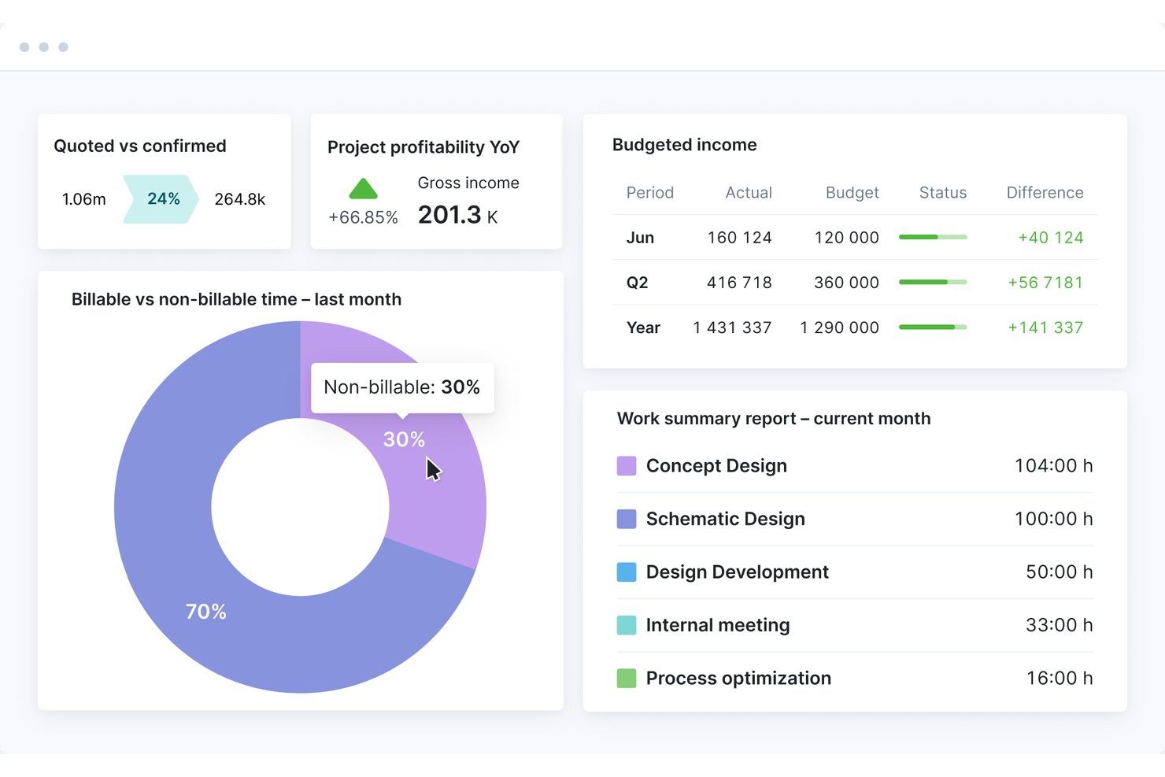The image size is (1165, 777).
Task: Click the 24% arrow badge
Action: [161, 199]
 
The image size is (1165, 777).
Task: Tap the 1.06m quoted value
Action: [83, 199]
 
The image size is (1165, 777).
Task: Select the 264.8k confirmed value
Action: [240, 199]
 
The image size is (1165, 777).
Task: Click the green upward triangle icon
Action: [363, 189]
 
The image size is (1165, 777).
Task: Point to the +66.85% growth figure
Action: [363, 217]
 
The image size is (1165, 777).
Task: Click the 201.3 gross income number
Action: [449, 215]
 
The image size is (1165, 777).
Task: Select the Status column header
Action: [942, 192]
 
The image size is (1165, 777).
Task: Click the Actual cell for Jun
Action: [739, 238]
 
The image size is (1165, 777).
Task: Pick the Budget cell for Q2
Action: [846, 283]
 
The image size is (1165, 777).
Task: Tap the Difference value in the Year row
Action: [1045, 327]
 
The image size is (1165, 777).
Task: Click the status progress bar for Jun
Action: [933, 237]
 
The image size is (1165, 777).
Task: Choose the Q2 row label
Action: [637, 283]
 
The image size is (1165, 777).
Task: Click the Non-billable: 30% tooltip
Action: [402, 387]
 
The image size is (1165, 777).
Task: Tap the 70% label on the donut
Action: [206, 612]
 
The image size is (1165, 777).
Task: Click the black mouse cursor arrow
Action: [433, 470]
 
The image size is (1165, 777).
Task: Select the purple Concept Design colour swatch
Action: [627, 466]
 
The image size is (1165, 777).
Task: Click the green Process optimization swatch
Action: [627, 678]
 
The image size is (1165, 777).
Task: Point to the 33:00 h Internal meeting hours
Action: [1059, 625]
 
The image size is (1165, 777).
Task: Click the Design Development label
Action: [737, 572]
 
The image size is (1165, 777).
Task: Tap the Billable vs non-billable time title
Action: [236, 300]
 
